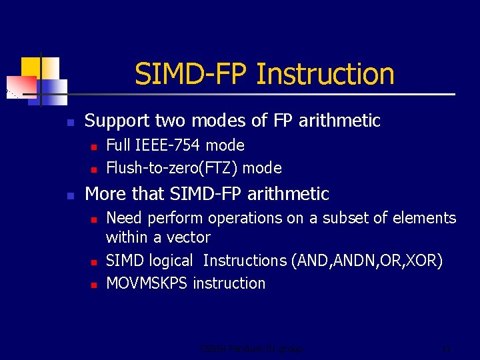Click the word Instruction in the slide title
[x=325, y=74]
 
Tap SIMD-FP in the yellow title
[x=192, y=74]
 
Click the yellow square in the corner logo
[x=31, y=67]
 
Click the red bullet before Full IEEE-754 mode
[x=94, y=146]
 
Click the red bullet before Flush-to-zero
[x=94, y=169]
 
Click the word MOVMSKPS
[x=147, y=283]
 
